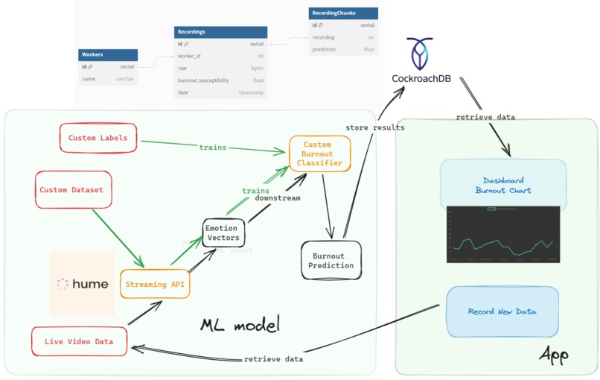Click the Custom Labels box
point(98,138)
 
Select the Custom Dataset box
point(71,190)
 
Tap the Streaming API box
point(156,284)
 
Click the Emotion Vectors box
point(223,233)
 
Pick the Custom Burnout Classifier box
point(319,153)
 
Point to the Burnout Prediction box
point(331,261)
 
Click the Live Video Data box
point(79,341)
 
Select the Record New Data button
point(502,311)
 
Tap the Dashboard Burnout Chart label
point(503,186)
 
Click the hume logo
point(82,284)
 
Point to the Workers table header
point(108,55)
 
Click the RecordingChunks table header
point(343,13)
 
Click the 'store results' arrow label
point(375,127)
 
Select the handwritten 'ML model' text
point(240,325)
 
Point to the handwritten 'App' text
point(554,355)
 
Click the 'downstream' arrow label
point(278,198)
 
